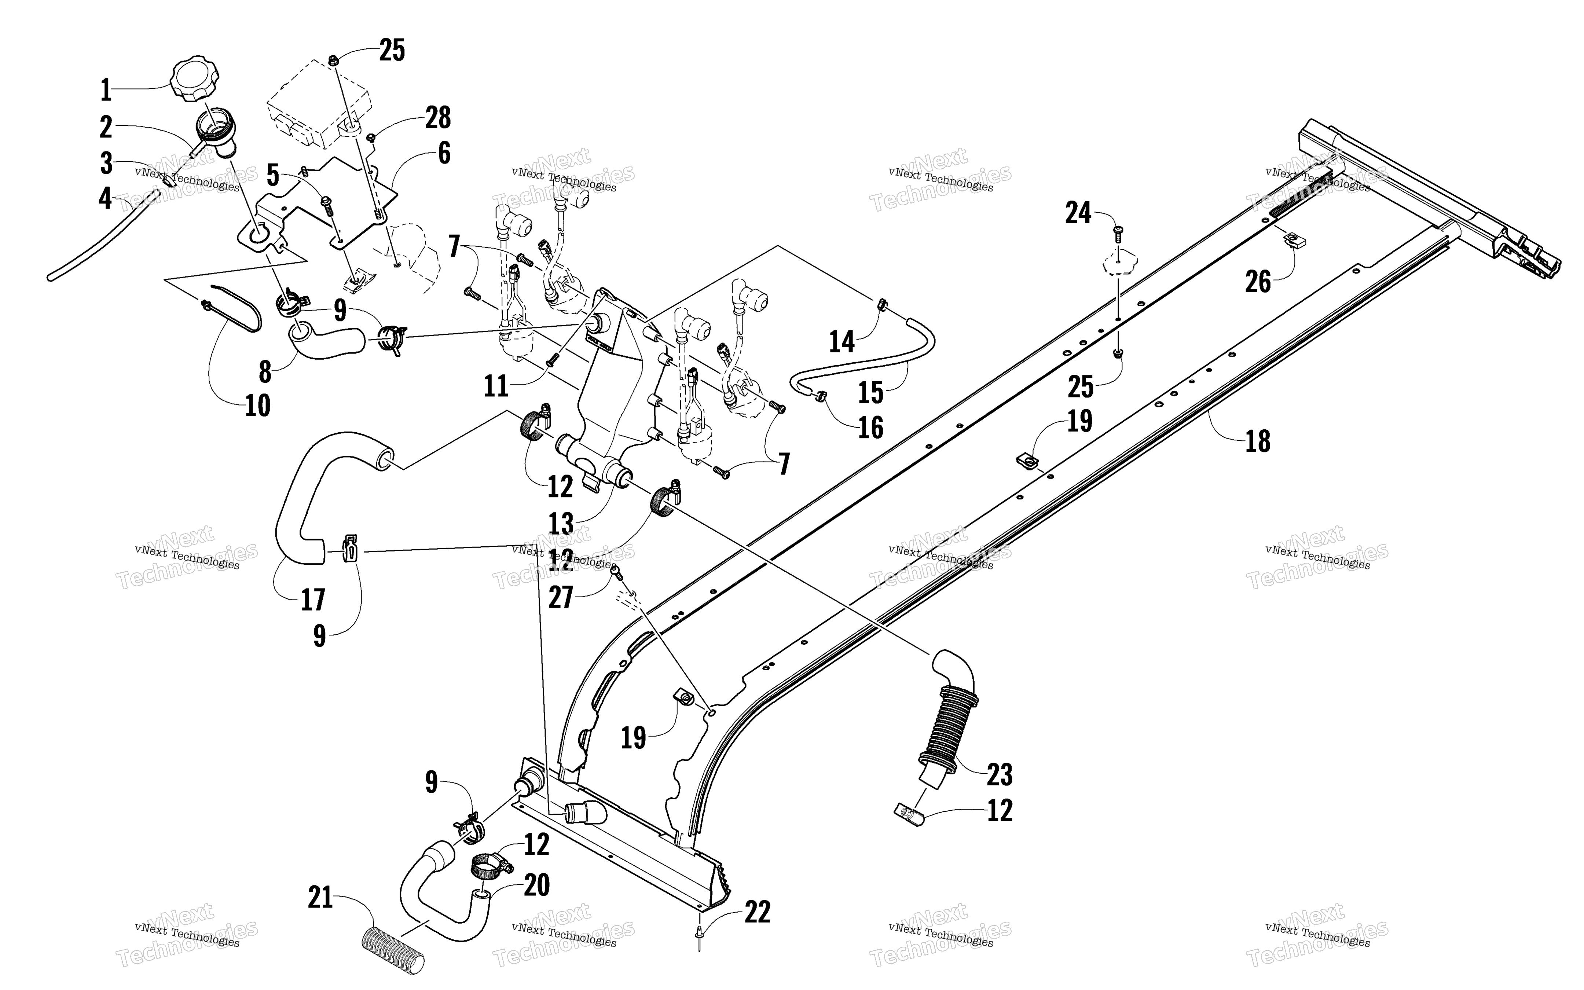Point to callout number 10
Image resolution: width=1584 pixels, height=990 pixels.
tap(258, 406)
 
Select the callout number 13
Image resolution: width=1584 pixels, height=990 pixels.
tap(561, 524)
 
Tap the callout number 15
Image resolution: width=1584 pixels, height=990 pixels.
tap(870, 393)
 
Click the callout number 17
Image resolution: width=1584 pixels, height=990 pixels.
tap(313, 600)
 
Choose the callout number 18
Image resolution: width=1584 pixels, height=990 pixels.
tap(1257, 441)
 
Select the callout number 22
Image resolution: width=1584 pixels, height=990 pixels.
tap(757, 912)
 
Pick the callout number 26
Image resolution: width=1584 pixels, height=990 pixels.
tap(1257, 282)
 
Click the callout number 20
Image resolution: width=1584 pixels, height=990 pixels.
tap(537, 885)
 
